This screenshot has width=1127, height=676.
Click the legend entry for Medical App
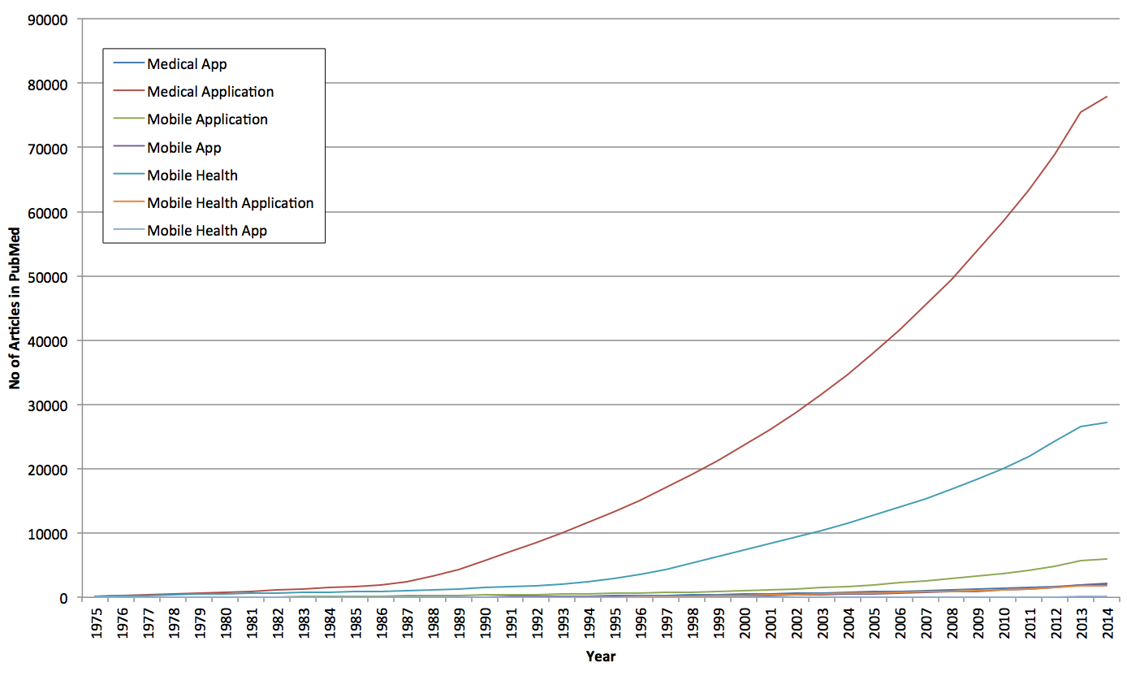coord(187,64)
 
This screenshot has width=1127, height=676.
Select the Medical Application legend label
coord(210,92)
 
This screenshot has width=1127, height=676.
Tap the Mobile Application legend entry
coord(207,119)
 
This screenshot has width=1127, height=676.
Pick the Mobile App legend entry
coord(184,147)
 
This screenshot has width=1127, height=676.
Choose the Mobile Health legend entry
coord(192,175)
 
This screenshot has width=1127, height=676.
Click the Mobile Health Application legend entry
coord(230,202)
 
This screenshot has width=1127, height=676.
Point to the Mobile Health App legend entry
coord(207,230)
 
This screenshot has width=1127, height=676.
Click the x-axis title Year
coord(601,656)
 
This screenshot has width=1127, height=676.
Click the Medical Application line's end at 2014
coord(1107,97)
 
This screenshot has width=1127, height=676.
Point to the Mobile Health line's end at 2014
coord(1107,422)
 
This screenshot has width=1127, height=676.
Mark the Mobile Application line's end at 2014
coord(1107,559)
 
